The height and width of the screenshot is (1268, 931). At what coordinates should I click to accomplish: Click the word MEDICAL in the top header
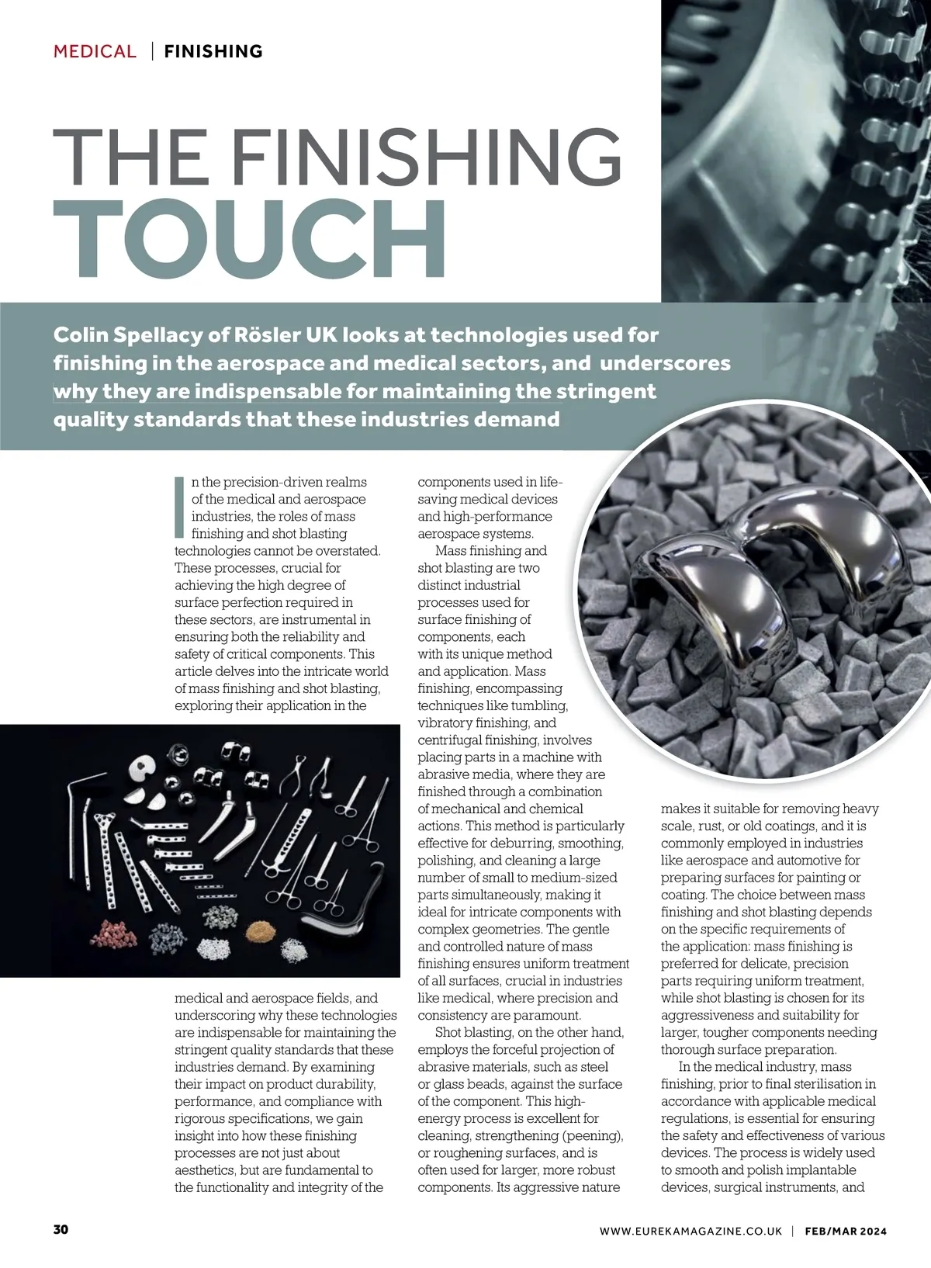point(95,51)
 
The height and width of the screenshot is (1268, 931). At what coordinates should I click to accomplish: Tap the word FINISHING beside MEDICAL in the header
point(213,51)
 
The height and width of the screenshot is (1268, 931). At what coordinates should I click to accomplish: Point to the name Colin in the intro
point(78,335)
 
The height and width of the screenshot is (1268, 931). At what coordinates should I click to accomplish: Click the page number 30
point(61,1229)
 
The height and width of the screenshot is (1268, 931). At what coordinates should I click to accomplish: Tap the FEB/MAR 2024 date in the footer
point(845,1231)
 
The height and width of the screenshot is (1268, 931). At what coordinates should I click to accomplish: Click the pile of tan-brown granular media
point(258,930)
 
